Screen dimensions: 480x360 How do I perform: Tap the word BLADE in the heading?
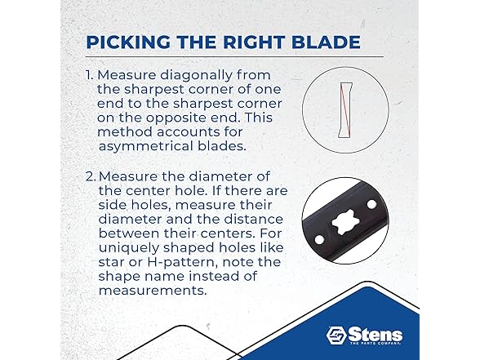tap(326, 42)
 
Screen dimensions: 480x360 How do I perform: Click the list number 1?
tap(89, 75)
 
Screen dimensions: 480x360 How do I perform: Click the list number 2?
tap(91, 176)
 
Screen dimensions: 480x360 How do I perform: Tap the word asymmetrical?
tap(146, 147)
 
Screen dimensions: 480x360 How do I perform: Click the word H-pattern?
tap(183, 262)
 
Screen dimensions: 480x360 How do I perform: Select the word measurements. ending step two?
tap(153, 291)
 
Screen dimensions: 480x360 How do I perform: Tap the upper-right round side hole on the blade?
tap(371, 204)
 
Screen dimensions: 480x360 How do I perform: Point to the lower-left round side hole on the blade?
tap(319, 240)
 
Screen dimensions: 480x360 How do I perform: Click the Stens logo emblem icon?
tap(336, 336)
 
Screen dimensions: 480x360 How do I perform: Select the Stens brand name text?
tap(375, 335)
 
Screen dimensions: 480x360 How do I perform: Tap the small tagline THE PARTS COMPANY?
tap(375, 344)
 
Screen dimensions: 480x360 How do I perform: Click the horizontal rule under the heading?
tap(234, 56)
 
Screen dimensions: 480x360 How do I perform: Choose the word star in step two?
tap(111, 262)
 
